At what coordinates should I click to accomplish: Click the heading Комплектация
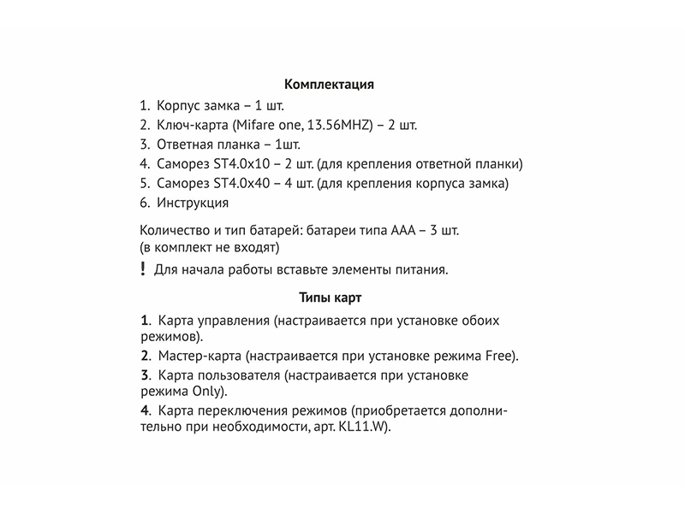pyautogui.click(x=330, y=85)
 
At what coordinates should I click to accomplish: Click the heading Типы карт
pyautogui.click(x=331, y=298)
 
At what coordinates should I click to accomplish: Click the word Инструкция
pyautogui.click(x=193, y=203)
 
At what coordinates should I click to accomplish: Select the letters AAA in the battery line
pyautogui.click(x=405, y=231)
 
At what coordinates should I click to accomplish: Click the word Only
pyautogui.click(x=207, y=392)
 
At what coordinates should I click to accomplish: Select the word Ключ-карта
pyautogui.click(x=187, y=125)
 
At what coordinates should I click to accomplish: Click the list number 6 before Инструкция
pyautogui.click(x=143, y=203)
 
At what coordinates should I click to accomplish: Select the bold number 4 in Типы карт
pyautogui.click(x=145, y=411)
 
